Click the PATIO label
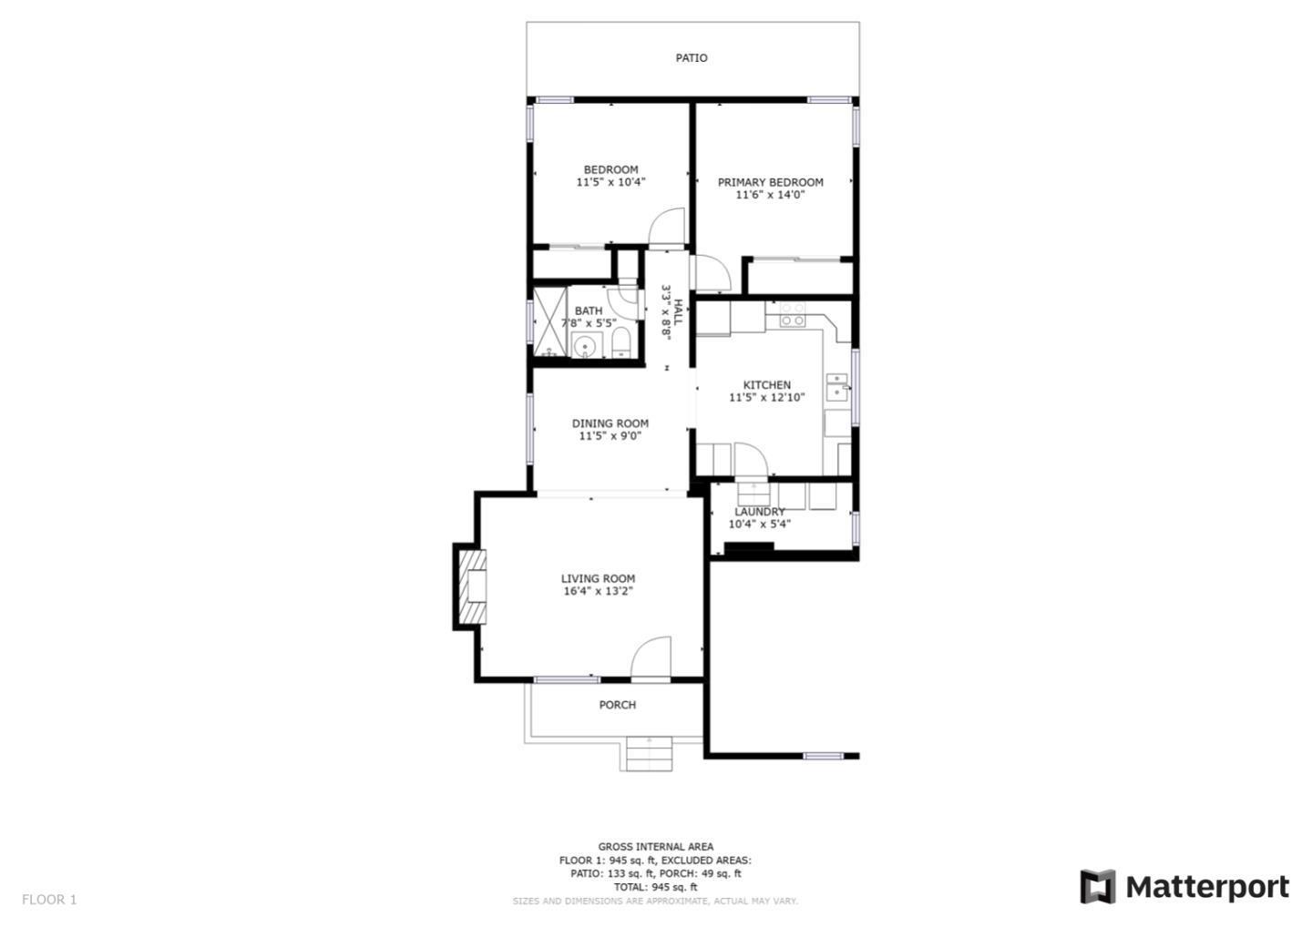point(692,58)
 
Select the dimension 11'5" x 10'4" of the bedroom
point(610,182)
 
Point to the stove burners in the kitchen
point(792,315)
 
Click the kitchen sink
point(836,387)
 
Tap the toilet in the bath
point(620,343)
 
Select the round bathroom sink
point(583,347)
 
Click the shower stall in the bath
point(549,321)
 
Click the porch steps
point(649,754)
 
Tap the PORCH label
point(618,705)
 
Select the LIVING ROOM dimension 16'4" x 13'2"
point(598,591)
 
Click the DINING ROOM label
point(610,423)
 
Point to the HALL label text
point(678,312)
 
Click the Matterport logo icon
point(1098,887)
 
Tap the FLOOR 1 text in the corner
point(49,900)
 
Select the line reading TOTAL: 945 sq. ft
point(655,887)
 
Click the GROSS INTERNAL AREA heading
point(655,847)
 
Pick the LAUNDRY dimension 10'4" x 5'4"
point(759,524)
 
